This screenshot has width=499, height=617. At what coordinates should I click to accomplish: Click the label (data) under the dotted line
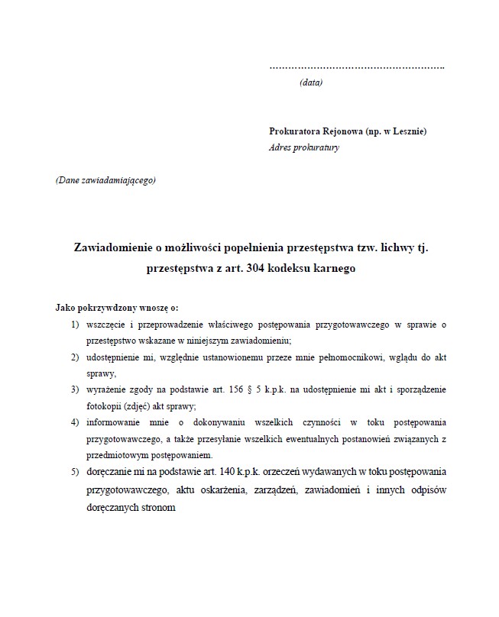311,82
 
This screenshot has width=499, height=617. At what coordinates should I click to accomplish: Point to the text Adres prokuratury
304,147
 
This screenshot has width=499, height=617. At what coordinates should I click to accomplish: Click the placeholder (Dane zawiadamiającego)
105,181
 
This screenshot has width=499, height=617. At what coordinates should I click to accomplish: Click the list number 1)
75,325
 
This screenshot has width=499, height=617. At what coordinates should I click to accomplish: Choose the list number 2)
75,357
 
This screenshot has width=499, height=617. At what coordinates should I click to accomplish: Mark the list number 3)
75,389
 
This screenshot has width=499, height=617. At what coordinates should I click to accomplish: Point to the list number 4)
75,422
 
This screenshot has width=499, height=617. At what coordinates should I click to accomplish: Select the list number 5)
75,470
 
